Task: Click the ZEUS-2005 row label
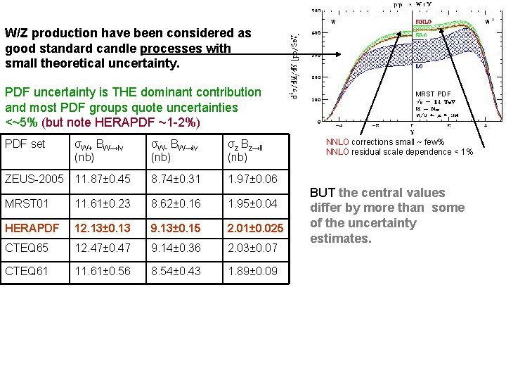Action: (34, 179)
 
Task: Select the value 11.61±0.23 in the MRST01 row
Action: (103, 203)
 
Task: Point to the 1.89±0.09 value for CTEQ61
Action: (252, 271)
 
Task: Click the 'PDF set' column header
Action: (25, 144)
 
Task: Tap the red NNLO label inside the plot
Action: (423, 22)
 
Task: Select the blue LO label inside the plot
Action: (420, 67)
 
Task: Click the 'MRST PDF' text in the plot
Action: (433, 94)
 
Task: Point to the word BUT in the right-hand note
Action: (323, 193)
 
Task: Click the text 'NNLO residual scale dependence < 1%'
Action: (399, 152)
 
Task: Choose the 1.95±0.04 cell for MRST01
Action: (252, 203)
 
